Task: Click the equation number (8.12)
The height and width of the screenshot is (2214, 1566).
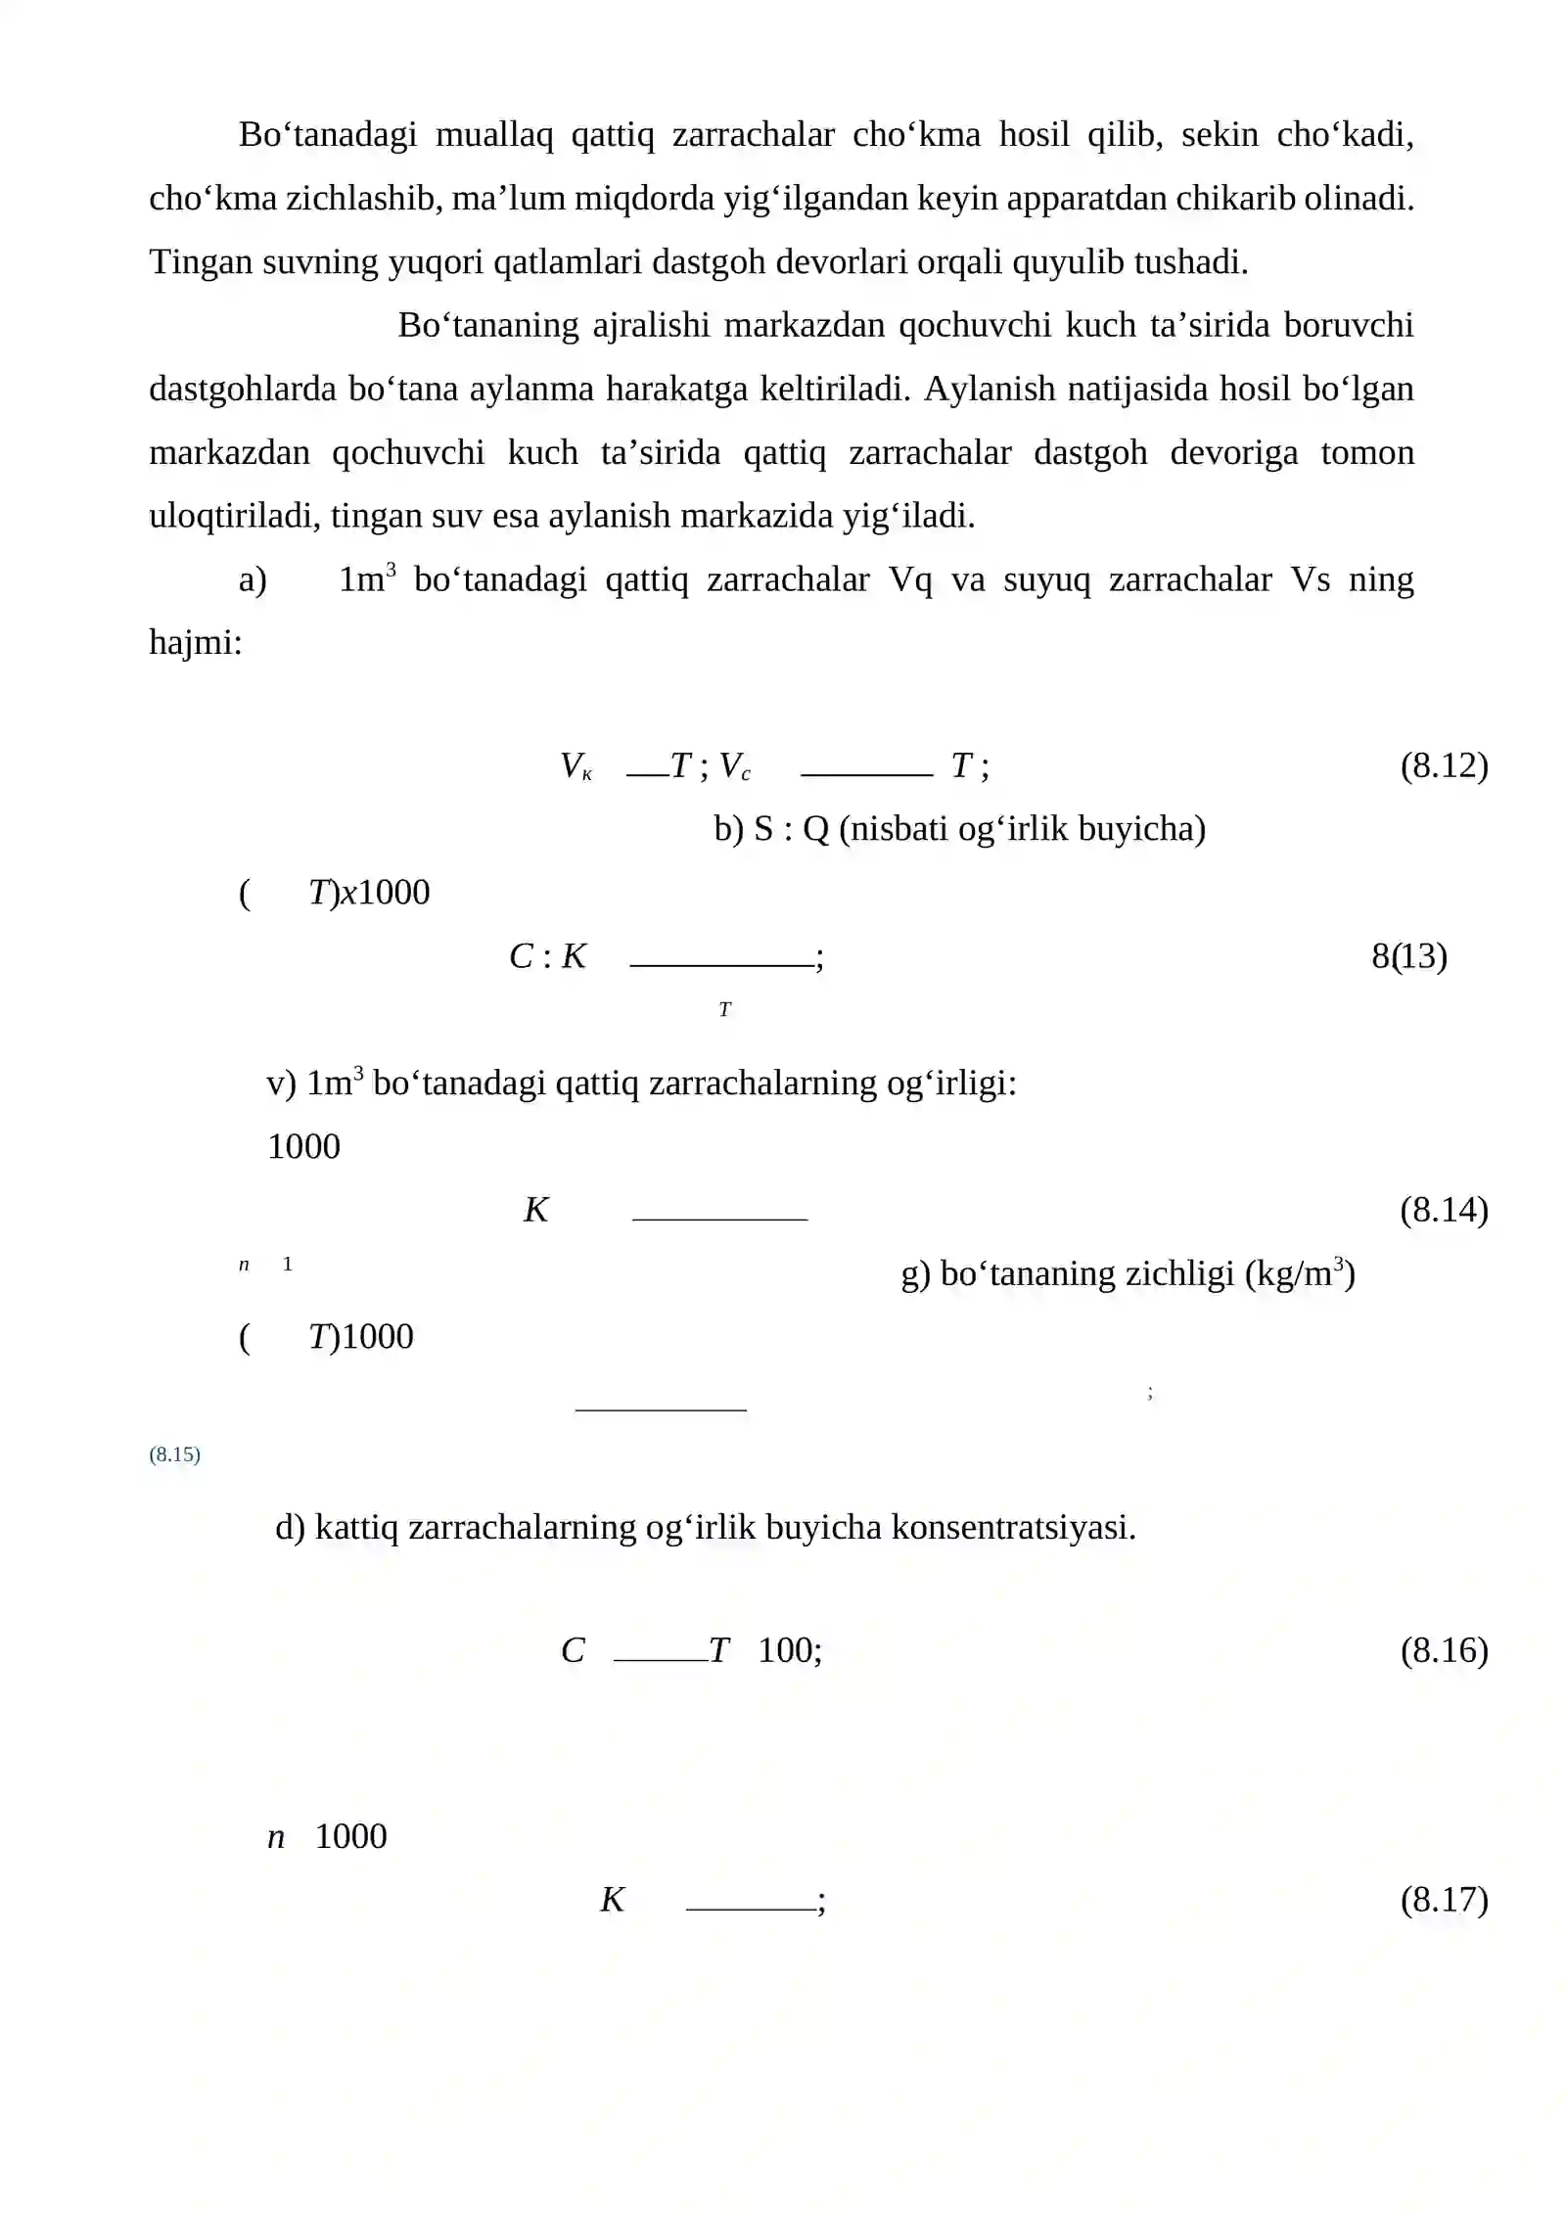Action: click(x=1444, y=765)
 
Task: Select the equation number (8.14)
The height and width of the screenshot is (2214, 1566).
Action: click(x=1444, y=1210)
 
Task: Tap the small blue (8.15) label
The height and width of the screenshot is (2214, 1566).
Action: click(x=174, y=1454)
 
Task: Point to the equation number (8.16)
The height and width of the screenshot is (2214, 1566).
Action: click(x=1444, y=1650)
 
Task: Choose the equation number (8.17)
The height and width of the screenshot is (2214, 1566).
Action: click(x=1444, y=1899)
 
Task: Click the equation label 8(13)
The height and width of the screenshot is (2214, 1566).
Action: click(x=1408, y=955)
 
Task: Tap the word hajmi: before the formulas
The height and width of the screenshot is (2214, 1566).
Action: click(x=195, y=643)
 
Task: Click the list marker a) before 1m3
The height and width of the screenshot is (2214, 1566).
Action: click(x=253, y=580)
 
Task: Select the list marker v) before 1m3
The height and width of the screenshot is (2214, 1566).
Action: click(x=281, y=1084)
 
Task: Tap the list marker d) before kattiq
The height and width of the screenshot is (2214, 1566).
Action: click(x=290, y=1527)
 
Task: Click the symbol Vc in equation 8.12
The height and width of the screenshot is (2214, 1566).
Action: click(x=735, y=766)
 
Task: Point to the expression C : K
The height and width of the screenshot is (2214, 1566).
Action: click(x=547, y=956)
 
